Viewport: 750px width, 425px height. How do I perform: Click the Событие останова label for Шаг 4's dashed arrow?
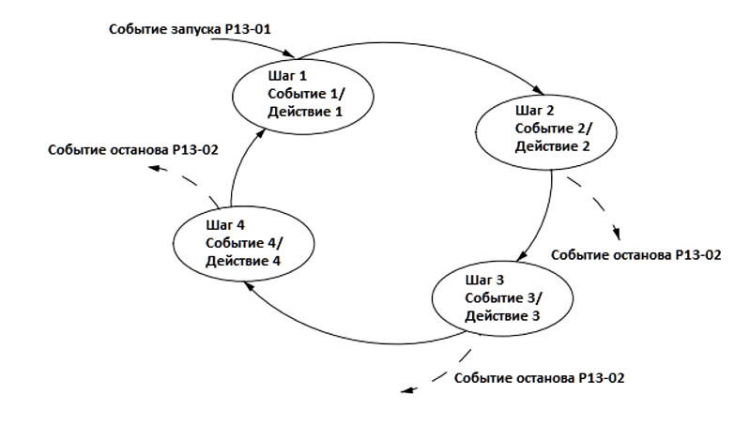pos(134,150)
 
